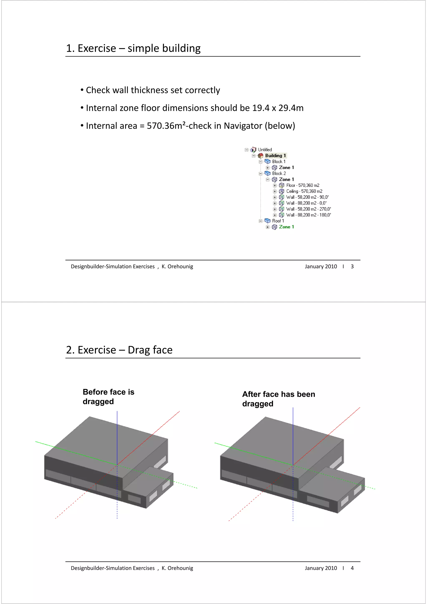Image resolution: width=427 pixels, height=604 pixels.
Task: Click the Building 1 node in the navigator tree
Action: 275,156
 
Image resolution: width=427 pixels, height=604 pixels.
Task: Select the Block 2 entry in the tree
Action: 279,173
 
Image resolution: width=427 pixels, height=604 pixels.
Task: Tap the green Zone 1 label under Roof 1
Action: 286,227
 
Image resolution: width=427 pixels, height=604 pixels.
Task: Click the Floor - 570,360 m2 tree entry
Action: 303,185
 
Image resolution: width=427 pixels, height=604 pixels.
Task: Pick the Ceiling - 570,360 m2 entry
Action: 304,191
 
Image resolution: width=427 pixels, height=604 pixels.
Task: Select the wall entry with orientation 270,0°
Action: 308,209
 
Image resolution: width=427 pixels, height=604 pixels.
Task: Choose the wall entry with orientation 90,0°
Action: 307,197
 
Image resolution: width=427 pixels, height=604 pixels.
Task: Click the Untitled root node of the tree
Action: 265,150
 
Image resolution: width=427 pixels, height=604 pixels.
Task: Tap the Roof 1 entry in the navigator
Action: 278,221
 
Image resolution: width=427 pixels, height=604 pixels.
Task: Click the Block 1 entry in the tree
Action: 279,162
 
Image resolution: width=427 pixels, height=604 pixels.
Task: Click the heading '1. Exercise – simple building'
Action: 133,48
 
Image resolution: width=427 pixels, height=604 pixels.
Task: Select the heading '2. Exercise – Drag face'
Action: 119,350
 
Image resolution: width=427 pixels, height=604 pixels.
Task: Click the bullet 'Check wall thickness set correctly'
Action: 153,90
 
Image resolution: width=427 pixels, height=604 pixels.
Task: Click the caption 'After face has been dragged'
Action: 278,399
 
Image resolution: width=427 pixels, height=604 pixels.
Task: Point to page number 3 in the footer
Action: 352,266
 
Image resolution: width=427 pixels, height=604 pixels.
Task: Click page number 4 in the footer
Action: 352,568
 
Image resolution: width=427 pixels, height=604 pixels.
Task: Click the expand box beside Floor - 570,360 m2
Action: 275,186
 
